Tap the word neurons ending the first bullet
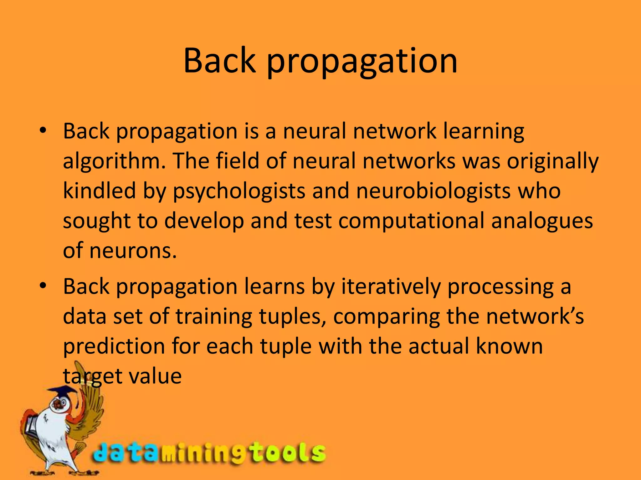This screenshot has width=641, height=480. pos(133,251)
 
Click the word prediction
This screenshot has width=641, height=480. pos(114,347)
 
